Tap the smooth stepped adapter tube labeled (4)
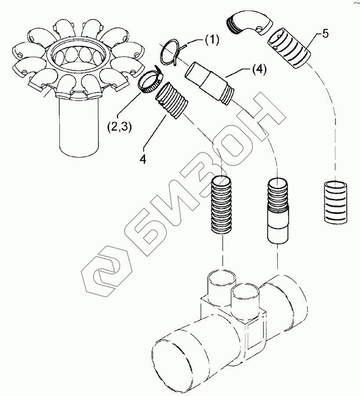click(209, 84)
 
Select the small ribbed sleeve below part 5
click(335, 202)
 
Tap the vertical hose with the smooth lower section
click(277, 210)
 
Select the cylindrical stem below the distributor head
click(78, 128)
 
